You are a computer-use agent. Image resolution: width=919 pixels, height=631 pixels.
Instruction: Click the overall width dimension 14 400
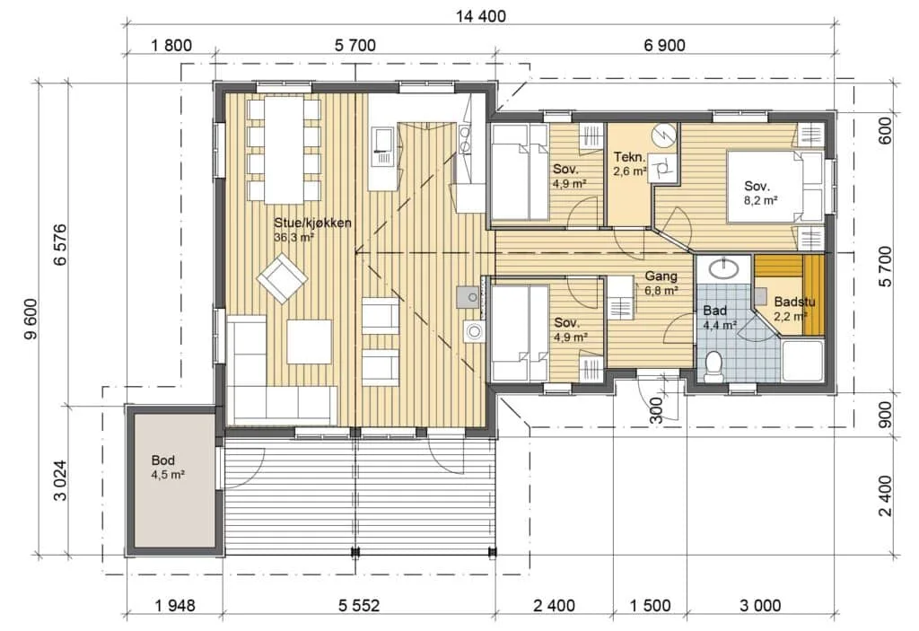pos(481,16)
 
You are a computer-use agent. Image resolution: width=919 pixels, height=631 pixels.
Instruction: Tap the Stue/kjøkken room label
pos(313,223)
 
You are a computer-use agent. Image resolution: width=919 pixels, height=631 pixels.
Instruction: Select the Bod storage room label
pos(162,460)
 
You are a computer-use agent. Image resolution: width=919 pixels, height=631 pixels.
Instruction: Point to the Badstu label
pos(794,302)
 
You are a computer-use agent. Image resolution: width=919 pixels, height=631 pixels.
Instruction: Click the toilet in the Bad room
pos(713,366)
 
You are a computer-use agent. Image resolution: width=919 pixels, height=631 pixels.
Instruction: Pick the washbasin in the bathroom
pos(724,269)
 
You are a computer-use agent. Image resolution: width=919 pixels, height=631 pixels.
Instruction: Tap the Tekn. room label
pos(629,157)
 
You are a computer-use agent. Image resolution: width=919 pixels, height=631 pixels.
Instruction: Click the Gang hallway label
pos(661,276)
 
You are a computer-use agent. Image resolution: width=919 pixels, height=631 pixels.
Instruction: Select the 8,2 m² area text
pos(761,200)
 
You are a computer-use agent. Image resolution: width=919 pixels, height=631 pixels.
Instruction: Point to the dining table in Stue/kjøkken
pos(284,149)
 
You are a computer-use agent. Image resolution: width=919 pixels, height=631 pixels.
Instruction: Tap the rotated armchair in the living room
pos(282,278)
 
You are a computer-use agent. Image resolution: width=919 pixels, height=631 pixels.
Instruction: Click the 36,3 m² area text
pos(294,238)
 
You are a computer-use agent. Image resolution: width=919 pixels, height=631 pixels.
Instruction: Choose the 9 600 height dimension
pos(31,319)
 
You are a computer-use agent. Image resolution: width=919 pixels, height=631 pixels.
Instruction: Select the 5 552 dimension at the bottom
pos(359,605)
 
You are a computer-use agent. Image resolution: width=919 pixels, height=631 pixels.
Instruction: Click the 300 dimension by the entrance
pos(656,410)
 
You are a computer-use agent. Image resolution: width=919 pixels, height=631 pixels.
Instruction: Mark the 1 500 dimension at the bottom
pos(651,605)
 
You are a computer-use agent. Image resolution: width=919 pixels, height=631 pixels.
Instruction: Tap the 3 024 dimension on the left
pos(60,480)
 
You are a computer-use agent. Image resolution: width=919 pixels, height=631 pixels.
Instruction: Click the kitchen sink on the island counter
pos(383,145)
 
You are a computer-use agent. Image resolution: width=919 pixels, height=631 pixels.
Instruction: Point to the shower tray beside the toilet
pos(802,361)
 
